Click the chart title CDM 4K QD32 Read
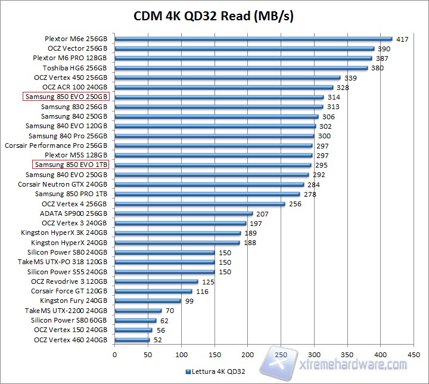pos(214,15)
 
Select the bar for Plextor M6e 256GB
pos(253,39)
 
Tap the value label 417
pos(402,39)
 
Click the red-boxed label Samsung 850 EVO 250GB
pos(66,97)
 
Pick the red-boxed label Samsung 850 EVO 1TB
pos(71,165)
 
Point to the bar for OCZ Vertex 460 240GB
pos(132,340)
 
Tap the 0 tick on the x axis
pos(114,354)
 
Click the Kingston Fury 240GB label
pos(74,301)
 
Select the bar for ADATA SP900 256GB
pos(184,213)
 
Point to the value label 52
pos(158,340)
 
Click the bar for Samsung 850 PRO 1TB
pos(207,194)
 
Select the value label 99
pos(189,301)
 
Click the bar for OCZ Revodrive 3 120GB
pos(156,281)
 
